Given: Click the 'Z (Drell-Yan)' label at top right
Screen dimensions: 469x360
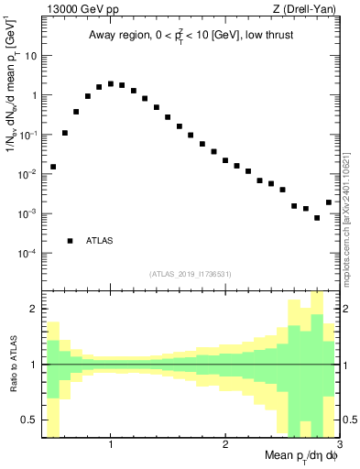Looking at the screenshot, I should (308, 8).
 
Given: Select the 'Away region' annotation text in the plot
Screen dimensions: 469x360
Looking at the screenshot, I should (191, 36).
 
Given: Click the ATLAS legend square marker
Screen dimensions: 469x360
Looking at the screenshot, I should (71, 241).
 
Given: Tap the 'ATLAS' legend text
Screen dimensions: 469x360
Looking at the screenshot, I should (99, 241).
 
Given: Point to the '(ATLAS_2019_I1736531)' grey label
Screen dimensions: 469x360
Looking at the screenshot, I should (191, 274).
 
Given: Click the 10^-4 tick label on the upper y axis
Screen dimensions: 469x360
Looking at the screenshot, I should (27, 253).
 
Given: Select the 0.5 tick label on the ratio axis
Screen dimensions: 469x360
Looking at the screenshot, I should (28, 420).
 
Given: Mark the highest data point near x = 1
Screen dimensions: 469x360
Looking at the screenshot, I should (111, 83).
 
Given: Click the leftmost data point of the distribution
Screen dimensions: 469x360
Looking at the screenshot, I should (53, 167).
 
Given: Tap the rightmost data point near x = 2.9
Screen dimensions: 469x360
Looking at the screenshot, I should (329, 202).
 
